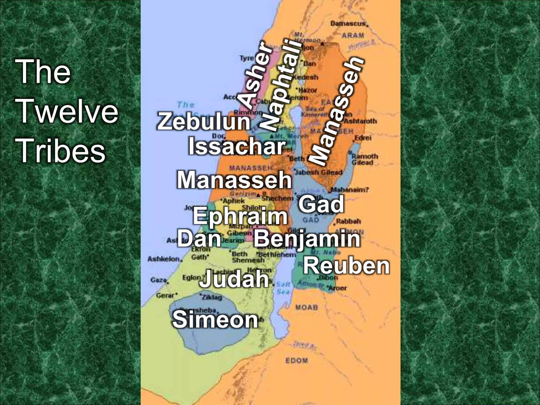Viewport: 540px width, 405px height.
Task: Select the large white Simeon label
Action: coord(215,319)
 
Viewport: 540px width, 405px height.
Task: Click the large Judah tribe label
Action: coord(234,279)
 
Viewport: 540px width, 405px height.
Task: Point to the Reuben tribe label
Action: coord(346,266)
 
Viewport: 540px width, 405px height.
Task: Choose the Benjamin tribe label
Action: coord(307,239)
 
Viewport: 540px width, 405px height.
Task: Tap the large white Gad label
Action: coord(321,204)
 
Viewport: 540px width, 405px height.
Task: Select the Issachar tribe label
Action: coord(237,147)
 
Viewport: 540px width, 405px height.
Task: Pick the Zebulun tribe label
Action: coord(204,122)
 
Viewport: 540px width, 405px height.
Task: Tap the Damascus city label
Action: coord(348,23)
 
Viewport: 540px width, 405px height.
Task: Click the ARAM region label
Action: coord(353,35)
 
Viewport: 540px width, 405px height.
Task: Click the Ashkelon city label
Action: coord(163,259)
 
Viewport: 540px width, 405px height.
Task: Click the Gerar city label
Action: coord(165,295)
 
